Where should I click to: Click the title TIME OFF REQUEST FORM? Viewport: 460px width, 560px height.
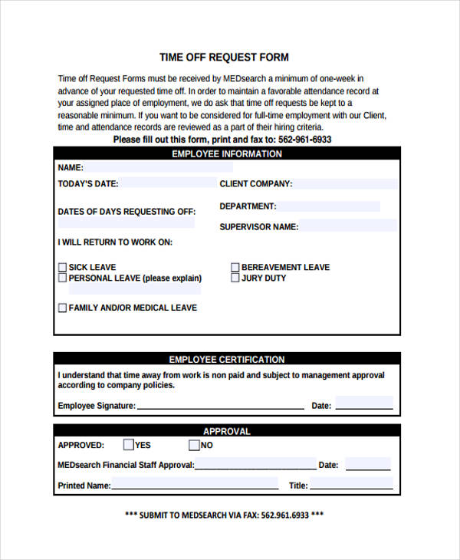pyautogui.click(x=224, y=58)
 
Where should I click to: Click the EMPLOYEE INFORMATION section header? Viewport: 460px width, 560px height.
pyautogui.click(x=227, y=154)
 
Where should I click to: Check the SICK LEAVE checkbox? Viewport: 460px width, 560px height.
pyautogui.click(x=62, y=268)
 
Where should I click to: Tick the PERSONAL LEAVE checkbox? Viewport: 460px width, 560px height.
pyautogui.click(x=62, y=278)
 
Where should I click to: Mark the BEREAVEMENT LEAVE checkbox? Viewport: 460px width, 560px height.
pyautogui.click(x=235, y=268)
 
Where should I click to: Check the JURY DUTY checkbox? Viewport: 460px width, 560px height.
pyautogui.click(x=235, y=278)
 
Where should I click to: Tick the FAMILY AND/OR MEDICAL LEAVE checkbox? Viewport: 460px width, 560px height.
pyautogui.click(x=62, y=308)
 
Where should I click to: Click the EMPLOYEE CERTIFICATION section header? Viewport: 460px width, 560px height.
pyautogui.click(x=227, y=359)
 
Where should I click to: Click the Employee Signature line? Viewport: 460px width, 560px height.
pyautogui.click(x=220, y=406)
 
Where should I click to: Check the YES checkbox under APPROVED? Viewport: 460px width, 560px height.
pyautogui.click(x=128, y=445)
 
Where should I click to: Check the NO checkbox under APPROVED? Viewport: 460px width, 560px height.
pyautogui.click(x=194, y=445)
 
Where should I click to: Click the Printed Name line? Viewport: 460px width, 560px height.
pyautogui.click(x=195, y=486)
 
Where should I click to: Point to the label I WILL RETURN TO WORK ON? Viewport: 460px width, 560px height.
pyautogui.click(x=115, y=242)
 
